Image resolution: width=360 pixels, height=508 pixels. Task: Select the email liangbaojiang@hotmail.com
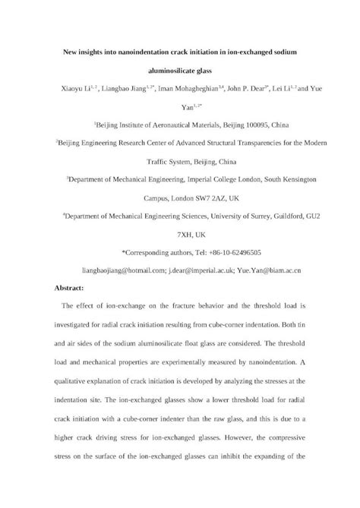pos(125,270)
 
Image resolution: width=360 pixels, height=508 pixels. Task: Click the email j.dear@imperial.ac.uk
pos(207,270)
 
